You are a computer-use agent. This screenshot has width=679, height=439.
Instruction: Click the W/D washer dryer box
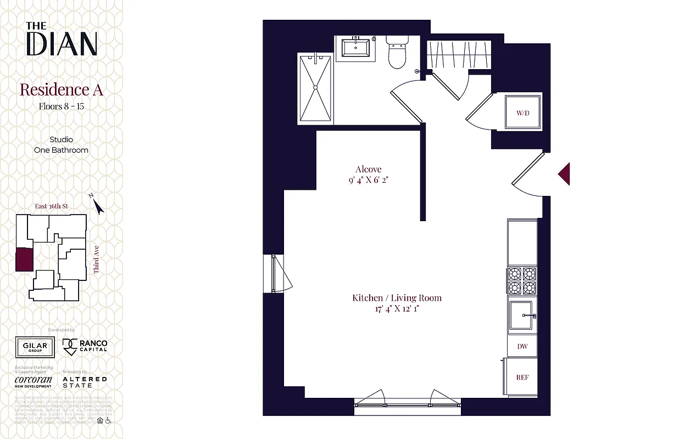(522, 112)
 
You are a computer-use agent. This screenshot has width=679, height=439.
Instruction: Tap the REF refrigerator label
(522, 378)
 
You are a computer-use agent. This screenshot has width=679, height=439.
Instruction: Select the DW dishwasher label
(522, 346)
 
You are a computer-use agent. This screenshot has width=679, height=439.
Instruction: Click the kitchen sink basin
(522, 317)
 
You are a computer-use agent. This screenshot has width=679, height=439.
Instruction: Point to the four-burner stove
(522, 280)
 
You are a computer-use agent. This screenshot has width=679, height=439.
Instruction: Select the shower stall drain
(315, 87)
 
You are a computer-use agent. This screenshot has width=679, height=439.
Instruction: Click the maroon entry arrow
(564, 174)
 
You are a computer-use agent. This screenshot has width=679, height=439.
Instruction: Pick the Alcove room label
(368, 170)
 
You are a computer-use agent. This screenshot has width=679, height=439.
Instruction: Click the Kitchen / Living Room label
(397, 298)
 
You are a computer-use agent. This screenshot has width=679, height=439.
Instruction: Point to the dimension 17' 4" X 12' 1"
(397, 309)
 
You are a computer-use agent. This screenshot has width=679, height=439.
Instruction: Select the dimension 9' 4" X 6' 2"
(368, 180)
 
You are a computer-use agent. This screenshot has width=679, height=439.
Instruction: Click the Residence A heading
(62, 89)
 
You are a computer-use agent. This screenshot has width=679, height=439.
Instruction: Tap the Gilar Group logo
(35, 347)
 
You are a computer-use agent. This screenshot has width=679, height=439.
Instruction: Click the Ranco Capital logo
(85, 346)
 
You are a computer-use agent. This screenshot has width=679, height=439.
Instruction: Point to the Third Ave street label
(96, 260)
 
